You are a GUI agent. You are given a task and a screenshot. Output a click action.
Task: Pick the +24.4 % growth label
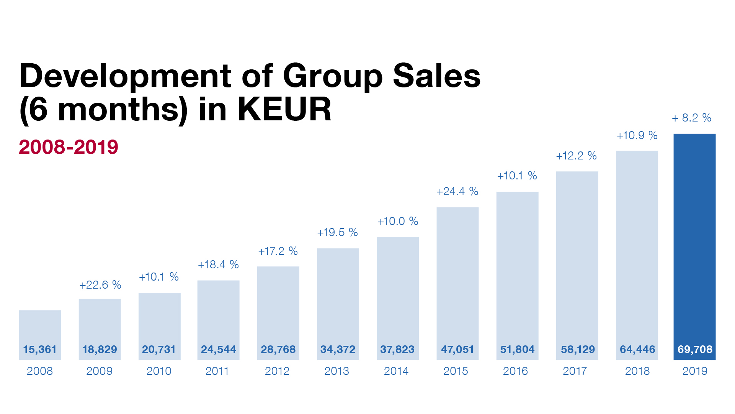(x=457, y=191)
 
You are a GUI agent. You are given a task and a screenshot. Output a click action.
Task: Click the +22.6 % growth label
(x=100, y=285)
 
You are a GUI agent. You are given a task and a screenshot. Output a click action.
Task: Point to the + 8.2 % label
(x=692, y=118)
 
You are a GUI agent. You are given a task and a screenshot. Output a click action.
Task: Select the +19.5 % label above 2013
(x=338, y=232)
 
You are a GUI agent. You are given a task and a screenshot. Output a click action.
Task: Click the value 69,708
(x=695, y=349)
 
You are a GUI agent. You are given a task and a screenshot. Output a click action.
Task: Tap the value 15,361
(x=40, y=349)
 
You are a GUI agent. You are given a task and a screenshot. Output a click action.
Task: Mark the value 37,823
(x=397, y=349)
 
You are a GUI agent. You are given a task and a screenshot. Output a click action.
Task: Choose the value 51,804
(x=517, y=349)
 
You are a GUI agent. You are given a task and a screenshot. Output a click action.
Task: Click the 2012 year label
(x=277, y=371)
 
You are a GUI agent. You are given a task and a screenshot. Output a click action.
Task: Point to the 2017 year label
(x=575, y=371)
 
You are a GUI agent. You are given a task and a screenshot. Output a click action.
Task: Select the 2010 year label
(x=159, y=371)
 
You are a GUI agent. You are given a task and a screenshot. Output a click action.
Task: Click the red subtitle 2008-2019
(x=69, y=147)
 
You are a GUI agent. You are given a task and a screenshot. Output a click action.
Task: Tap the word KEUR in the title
(x=284, y=110)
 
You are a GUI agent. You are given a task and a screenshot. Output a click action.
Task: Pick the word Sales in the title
(x=436, y=76)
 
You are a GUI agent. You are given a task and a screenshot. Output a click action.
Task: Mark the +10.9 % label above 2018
(x=637, y=135)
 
